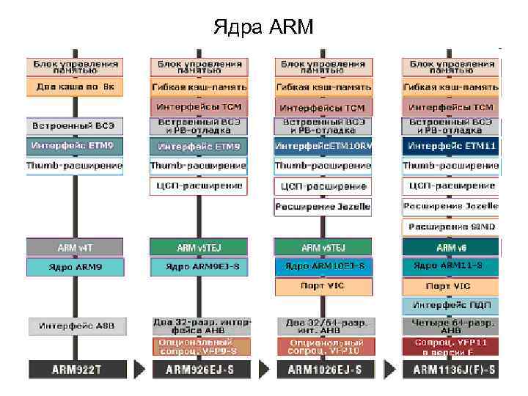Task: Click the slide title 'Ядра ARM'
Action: coord(263,28)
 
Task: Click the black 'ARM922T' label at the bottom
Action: coord(76,370)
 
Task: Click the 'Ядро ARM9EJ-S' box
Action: coord(199,266)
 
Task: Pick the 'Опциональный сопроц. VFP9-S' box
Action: coord(199,346)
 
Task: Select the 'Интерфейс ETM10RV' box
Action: coord(323,146)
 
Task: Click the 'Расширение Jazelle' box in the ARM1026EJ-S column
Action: coord(323,207)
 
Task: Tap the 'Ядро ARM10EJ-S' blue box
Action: coord(323,266)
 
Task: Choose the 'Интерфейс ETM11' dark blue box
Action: coord(450,146)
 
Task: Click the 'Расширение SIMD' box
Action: coord(450,227)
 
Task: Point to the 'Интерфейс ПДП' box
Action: coord(450,305)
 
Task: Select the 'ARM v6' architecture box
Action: coord(450,247)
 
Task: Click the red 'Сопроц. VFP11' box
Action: coord(450,346)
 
